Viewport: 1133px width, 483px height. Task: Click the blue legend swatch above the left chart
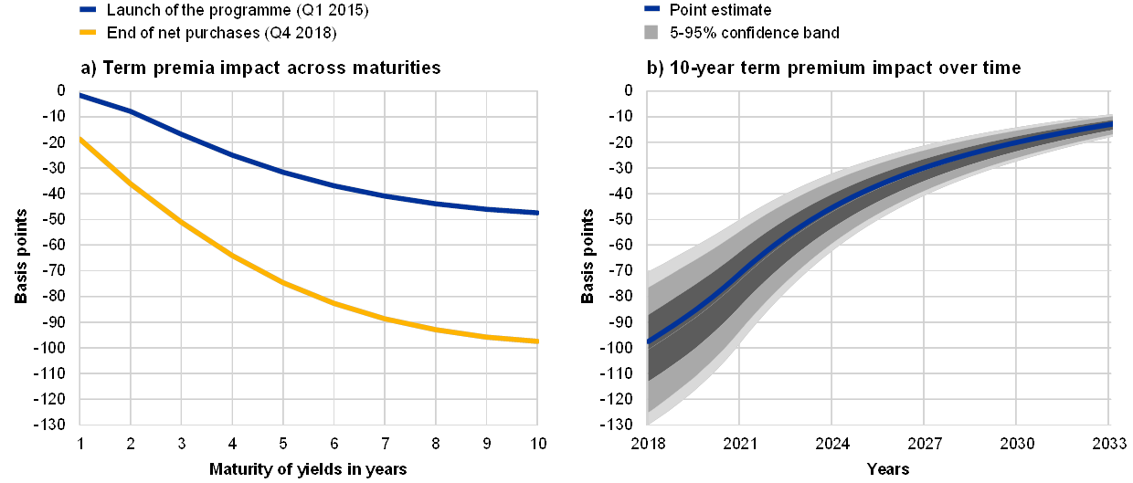(88, 10)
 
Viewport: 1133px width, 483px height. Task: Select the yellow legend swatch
(88, 33)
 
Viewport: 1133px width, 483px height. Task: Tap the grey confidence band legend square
(651, 33)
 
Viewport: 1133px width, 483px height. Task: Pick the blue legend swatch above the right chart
(651, 10)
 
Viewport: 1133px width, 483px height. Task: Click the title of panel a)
(260, 68)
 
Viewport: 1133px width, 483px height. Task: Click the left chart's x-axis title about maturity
(309, 469)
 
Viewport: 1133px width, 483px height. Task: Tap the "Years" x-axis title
(887, 469)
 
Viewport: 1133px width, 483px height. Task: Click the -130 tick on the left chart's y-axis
(58, 425)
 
